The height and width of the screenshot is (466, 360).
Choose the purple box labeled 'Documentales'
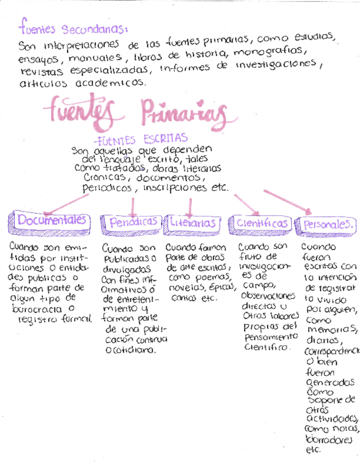click(52, 220)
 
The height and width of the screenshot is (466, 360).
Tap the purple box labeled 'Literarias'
click(192, 223)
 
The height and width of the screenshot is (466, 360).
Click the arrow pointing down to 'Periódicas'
click(133, 206)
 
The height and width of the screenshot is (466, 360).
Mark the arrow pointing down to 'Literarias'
click(190, 206)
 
